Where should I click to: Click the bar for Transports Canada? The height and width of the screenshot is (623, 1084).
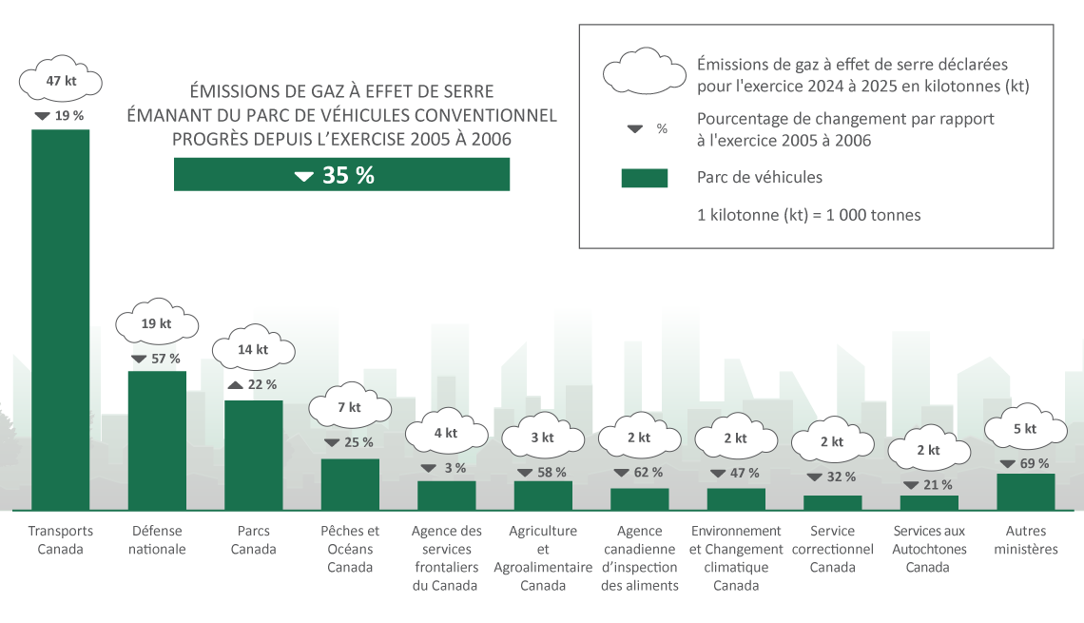tap(61, 319)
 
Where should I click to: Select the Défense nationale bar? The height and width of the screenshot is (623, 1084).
tap(157, 439)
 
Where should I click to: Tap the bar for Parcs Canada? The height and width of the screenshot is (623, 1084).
tap(253, 455)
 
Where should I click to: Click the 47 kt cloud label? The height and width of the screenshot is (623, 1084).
tap(61, 81)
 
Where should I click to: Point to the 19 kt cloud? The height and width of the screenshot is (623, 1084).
tap(157, 323)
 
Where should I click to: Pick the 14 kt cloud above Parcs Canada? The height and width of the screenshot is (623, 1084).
tap(253, 349)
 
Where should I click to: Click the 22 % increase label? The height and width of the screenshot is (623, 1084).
tap(253, 384)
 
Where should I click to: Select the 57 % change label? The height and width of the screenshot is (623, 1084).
tap(157, 359)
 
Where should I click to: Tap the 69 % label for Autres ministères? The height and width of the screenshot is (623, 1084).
tap(1025, 463)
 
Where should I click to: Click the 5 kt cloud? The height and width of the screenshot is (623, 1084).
tap(1025, 429)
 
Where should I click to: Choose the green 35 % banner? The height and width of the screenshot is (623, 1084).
tap(341, 175)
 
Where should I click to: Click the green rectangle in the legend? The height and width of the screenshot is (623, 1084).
tap(644, 178)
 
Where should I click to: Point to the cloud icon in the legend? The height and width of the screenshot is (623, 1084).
tap(644, 71)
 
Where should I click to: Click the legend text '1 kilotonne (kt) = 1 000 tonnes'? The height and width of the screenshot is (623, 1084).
tap(808, 215)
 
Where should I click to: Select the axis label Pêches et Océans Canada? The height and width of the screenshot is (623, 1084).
tap(350, 549)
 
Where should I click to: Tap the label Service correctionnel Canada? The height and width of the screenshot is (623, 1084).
tap(832, 549)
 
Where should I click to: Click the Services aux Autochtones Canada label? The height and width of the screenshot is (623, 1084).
tap(929, 549)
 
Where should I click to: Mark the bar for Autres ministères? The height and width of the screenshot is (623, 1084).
tap(1025, 492)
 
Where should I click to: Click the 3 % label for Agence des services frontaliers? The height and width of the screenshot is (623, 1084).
tap(446, 468)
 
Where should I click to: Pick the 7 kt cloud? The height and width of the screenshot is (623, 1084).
tap(350, 407)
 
